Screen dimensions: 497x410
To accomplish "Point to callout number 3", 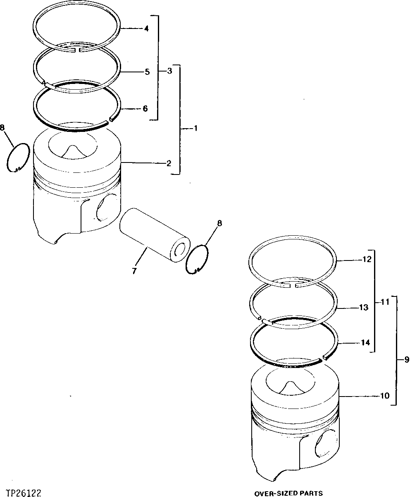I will pos(169,71).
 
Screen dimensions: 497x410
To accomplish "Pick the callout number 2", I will pos(169,163).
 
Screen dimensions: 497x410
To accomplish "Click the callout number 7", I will pos(133,271).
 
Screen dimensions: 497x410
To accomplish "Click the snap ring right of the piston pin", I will pos(197,259).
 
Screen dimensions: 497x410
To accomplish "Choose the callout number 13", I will pos(364,308).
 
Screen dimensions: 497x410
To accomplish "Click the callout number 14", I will pos(364,343).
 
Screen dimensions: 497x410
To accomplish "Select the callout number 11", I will pos(385,302).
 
